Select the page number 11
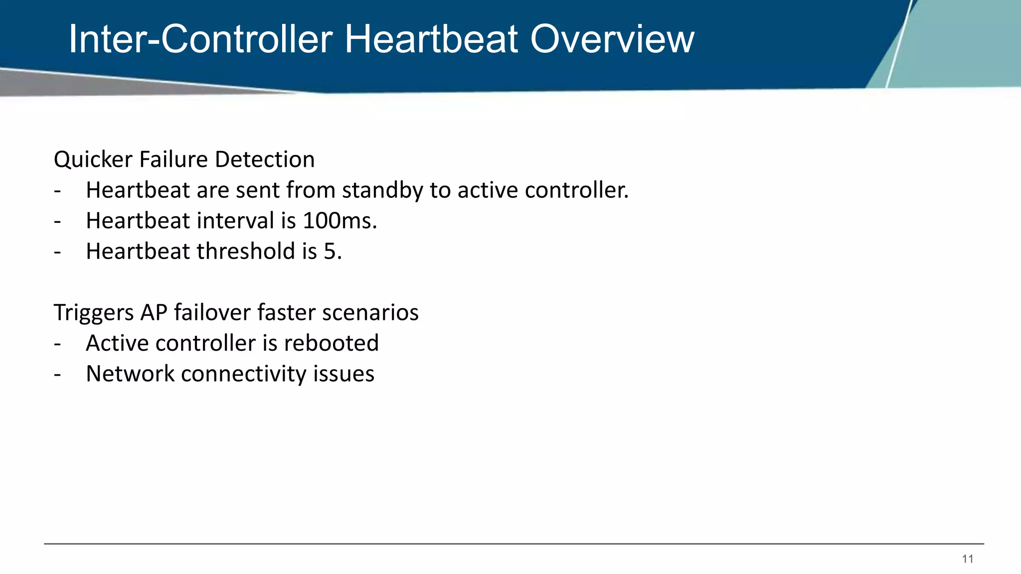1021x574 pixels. pyautogui.click(x=968, y=559)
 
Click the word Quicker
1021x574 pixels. pyautogui.click(x=93, y=160)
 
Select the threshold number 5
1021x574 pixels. pyautogui.click(x=330, y=251)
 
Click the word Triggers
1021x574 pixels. pyautogui.click(x=94, y=313)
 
